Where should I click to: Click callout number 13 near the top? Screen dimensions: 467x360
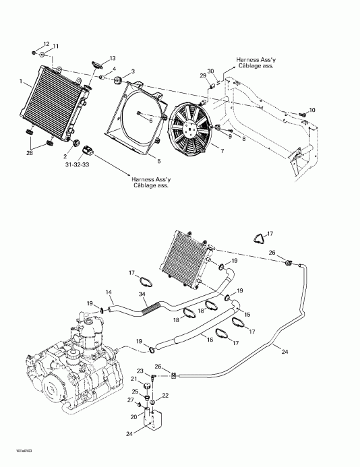tap(112, 58)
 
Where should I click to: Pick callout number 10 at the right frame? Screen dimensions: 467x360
tap(311, 110)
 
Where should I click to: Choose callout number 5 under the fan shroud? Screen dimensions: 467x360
tap(158, 161)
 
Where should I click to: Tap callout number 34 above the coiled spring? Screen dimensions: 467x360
tap(141, 294)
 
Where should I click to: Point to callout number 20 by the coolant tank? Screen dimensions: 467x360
tap(133, 417)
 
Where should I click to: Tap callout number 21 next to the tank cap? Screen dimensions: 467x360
tap(134, 379)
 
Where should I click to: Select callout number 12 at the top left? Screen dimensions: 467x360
tap(47, 42)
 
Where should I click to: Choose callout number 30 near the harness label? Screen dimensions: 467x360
tap(210, 71)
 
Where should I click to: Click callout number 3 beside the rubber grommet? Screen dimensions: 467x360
tap(133, 71)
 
